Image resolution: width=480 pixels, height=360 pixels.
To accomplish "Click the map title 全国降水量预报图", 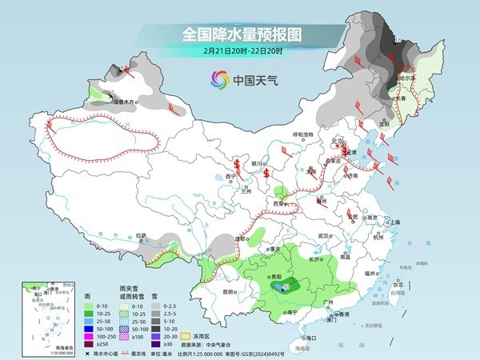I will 240,35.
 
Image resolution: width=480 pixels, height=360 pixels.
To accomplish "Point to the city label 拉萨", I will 142,235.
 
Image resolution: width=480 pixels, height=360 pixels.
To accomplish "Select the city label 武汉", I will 323,237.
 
